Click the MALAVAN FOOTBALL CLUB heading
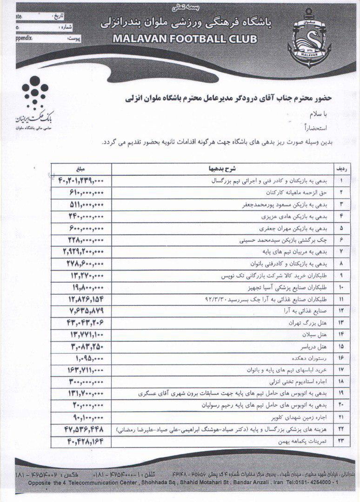click(x=184, y=39)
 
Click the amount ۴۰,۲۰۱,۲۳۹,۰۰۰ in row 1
click(x=76, y=180)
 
